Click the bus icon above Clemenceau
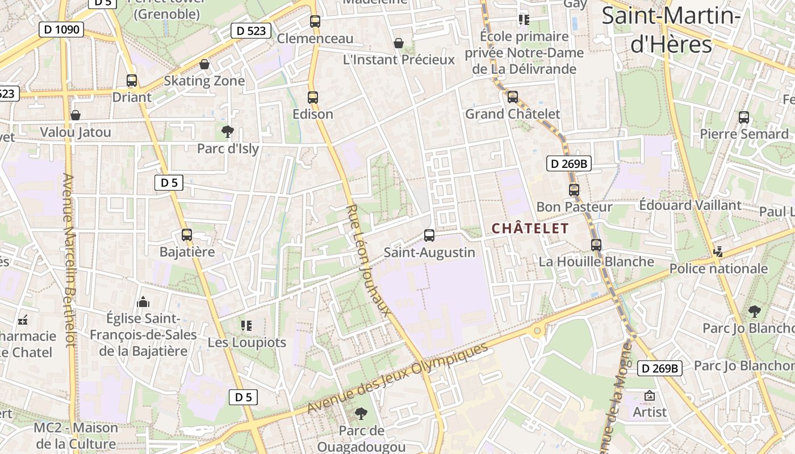tap(315, 22)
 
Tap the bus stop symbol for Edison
tap(312, 97)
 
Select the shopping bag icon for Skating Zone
tap(204, 64)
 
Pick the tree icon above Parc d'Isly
tap(228, 132)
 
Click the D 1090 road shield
tap(61, 30)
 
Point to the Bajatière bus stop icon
tap(187, 234)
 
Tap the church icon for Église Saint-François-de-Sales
tap(143, 301)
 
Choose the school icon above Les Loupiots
tap(246, 325)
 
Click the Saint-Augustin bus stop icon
tap(429, 235)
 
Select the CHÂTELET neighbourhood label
tap(530, 229)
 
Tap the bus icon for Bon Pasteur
tap(574, 190)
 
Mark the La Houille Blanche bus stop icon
tap(596, 245)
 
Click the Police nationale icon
tap(718, 251)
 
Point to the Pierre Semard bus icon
tap(744, 117)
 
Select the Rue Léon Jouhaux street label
tap(369, 260)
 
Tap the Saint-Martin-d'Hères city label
tap(671, 30)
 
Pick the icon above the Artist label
tap(650, 396)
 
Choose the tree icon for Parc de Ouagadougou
tap(361, 414)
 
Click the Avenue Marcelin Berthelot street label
tap(69, 260)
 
